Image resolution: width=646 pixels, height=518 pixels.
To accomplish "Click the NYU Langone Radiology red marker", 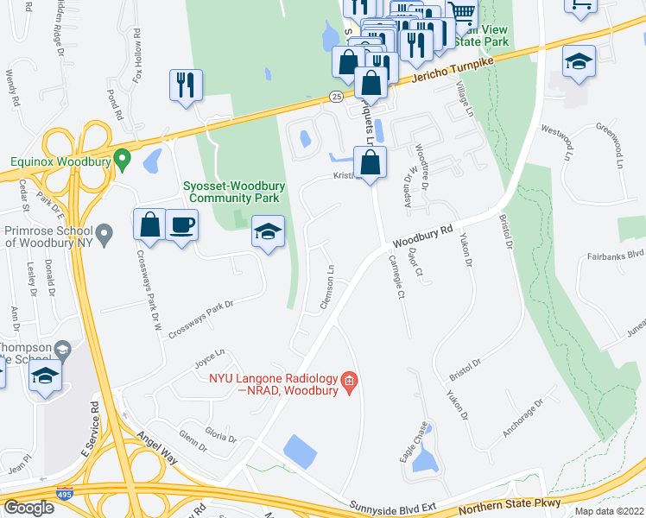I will pyautogui.click(x=349, y=381).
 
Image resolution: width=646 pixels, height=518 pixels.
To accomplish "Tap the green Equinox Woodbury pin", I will pyautogui.click(x=123, y=160).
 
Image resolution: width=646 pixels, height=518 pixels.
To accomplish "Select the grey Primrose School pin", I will pyautogui.click(x=104, y=233).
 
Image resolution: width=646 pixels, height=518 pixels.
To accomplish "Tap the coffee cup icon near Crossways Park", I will pyautogui.click(x=181, y=224).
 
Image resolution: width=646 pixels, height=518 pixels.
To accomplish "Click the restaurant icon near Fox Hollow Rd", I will pyautogui.click(x=186, y=85).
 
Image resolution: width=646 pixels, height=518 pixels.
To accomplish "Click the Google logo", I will pyautogui.click(x=28, y=507).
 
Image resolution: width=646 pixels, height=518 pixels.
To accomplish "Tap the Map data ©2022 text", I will pyautogui.click(x=609, y=511).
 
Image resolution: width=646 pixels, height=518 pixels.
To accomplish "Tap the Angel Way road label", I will pyautogui.click(x=155, y=448).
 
